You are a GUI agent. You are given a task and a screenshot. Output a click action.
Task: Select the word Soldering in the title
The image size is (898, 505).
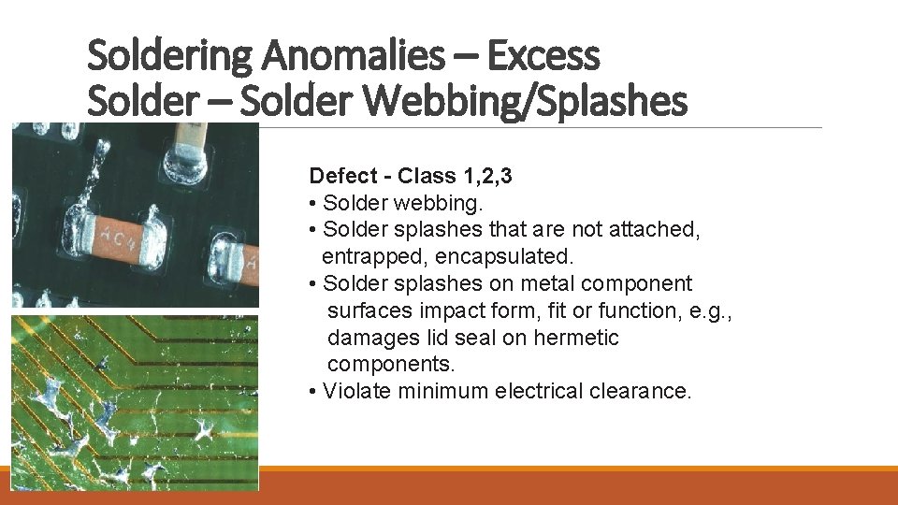[167, 56]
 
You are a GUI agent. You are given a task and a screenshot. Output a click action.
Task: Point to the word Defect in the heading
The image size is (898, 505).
[340, 176]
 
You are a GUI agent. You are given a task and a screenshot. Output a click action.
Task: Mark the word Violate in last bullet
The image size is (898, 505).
[356, 391]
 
